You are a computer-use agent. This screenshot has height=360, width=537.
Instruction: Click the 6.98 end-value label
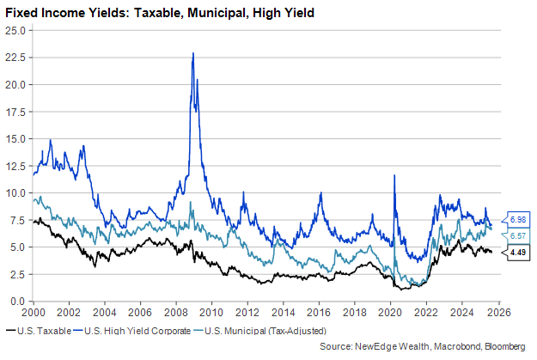(x=518, y=219)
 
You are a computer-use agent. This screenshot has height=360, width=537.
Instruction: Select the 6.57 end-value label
(x=518, y=235)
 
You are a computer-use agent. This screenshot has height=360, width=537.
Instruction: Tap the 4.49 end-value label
(x=518, y=252)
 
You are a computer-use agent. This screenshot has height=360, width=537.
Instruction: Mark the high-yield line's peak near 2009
(x=192, y=53)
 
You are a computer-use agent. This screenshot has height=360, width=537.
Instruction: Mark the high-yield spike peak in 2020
(x=394, y=175)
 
